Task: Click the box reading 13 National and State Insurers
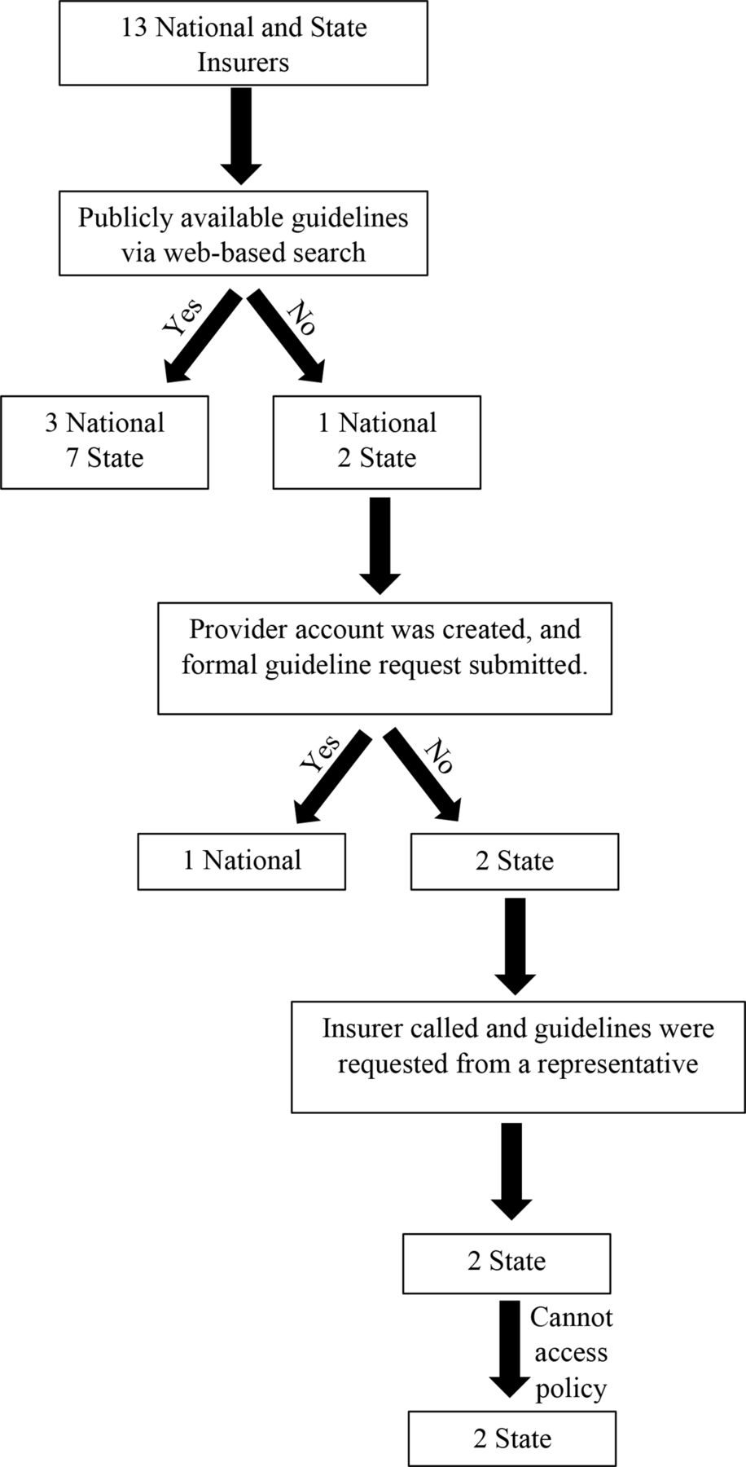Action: tap(244, 43)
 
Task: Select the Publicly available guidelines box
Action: tap(244, 233)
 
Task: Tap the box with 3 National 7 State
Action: tap(105, 442)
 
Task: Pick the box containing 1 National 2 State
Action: tap(376, 442)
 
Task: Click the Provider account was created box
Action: tap(384, 659)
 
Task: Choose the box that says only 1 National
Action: tap(242, 861)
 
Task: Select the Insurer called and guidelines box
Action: tap(518, 1056)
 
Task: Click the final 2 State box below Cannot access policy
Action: tap(512, 1439)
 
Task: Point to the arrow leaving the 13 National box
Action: tap(242, 136)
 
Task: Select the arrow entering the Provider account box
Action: tap(380, 546)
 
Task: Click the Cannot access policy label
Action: tap(571, 1352)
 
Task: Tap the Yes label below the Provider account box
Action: tap(320, 754)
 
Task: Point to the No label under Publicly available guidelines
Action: tap(301, 319)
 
